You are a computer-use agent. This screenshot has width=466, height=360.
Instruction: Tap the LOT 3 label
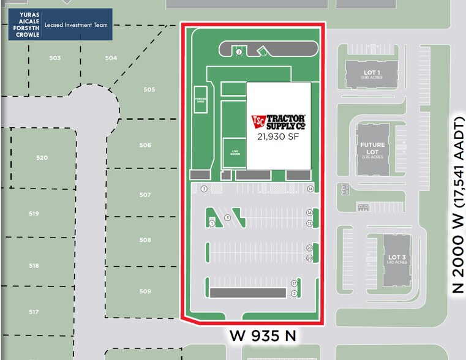(395, 258)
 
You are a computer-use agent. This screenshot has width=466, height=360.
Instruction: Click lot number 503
(55, 58)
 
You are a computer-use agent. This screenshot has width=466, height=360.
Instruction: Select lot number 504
(111, 58)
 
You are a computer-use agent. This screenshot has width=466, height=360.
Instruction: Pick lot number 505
(149, 89)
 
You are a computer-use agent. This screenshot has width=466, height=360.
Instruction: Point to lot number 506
(145, 146)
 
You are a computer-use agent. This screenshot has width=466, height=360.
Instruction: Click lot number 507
(145, 195)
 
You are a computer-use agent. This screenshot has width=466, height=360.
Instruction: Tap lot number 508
(145, 241)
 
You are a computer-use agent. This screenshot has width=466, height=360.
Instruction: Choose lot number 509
(145, 291)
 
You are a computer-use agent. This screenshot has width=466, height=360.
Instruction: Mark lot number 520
(42, 158)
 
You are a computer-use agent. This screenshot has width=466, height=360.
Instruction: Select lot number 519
(34, 214)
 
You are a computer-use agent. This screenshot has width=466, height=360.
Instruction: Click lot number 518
(34, 266)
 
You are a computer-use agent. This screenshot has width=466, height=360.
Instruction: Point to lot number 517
(34, 312)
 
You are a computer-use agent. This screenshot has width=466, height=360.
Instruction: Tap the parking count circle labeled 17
(294, 283)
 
